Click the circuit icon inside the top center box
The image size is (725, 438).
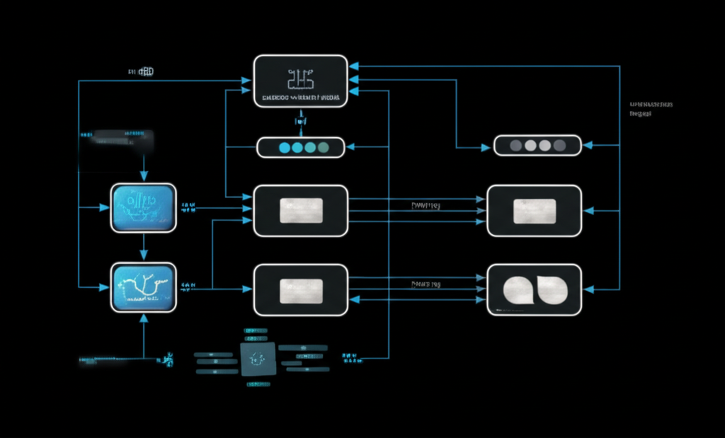coord(301,79)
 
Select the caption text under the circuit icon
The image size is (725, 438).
coord(301,97)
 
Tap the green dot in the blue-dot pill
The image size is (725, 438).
coord(324,147)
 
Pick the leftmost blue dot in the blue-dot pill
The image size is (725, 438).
coord(285,147)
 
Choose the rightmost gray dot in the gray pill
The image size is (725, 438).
coord(559,146)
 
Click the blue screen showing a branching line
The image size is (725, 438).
coord(143,287)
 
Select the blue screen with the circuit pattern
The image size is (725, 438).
coord(143,207)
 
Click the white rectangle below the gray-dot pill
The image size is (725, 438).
coord(535,211)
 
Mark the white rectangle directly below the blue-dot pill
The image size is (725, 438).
coord(301,211)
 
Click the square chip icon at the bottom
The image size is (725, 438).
coord(257,359)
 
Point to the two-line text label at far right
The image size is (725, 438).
coord(650,108)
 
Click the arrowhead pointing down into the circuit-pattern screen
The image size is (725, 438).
coord(144,178)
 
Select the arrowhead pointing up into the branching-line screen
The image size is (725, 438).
coord(144,318)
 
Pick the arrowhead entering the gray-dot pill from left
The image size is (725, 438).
coord(486,147)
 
